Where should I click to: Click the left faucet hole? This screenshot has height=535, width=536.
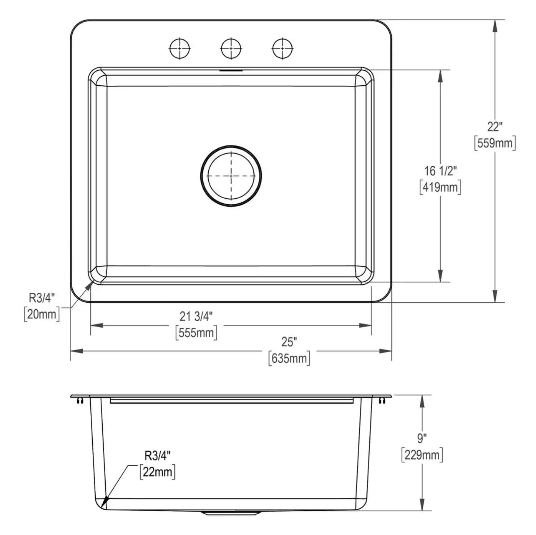(x=180, y=49)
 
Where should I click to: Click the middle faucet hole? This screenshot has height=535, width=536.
(x=231, y=49)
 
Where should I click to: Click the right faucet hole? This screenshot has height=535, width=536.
(x=283, y=49)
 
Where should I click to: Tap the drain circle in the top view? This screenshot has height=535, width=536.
(x=231, y=176)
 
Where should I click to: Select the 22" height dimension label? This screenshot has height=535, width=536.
(x=495, y=127)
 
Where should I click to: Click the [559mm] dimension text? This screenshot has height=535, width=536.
(x=495, y=143)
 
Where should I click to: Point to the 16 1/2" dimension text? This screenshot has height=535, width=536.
(x=440, y=171)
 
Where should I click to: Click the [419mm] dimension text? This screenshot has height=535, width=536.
(x=440, y=187)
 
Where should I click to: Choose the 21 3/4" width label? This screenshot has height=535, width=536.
(x=196, y=316)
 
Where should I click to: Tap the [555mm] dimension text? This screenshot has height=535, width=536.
(x=196, y=333)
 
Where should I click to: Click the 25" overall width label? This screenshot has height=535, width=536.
(x=289, y=341)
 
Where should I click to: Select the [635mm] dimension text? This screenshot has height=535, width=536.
(x=289, y=359)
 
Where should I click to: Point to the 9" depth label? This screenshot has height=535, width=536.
(x=422, y=438)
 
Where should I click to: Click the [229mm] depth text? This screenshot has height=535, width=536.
(x=422, y=455)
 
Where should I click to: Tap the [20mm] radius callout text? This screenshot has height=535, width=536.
(x=42, y=314)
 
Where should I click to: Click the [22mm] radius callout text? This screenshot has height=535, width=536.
(x=157, y=472)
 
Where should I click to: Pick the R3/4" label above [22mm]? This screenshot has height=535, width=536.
(x=157, y=456)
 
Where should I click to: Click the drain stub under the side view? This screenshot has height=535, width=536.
(x=231, y=512)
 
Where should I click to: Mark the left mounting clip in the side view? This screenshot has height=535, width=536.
(x=80, y=400)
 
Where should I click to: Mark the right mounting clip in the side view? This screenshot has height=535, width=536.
(x=381, y=400)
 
